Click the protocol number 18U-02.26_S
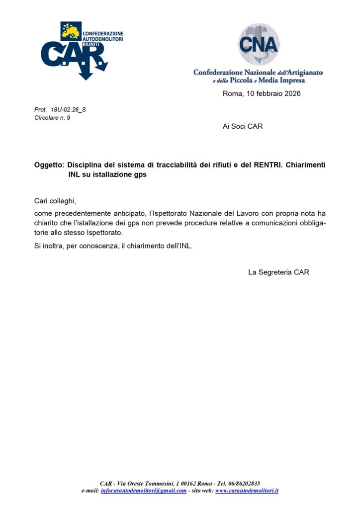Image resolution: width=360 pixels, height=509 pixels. tap(68, 109)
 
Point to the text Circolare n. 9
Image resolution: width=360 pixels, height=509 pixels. tap(52, 118)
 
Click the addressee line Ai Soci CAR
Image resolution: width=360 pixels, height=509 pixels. tap(243, 126)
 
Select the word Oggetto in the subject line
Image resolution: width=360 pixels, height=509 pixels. tap(49, 165)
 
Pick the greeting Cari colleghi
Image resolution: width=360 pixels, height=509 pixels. tap(55, 201)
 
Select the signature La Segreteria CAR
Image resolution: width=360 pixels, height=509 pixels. tap(278, 272)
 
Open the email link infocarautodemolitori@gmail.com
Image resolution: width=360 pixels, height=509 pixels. tap(144, 491)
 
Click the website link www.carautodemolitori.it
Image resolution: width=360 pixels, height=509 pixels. tap(247, 491)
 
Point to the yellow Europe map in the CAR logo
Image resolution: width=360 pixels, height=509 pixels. tap(70, 31)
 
